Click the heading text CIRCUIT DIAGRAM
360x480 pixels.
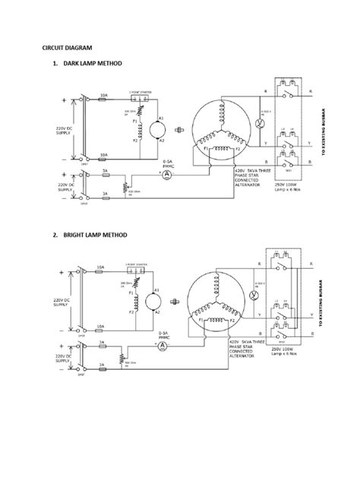[67, 47]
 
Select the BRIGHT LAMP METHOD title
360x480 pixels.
[90, 236]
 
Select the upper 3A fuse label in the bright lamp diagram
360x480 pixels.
[103, 342]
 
